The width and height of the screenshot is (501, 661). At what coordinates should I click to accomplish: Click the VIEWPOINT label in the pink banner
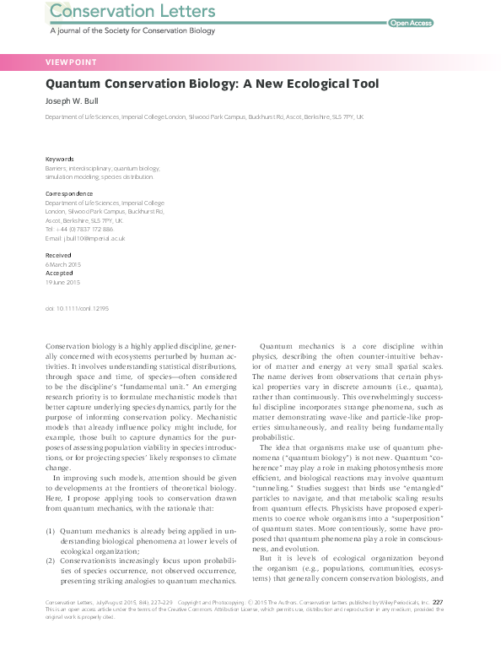[70, 62]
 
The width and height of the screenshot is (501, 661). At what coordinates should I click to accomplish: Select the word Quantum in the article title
[75, 84]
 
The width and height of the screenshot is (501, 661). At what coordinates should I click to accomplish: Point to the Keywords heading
[59, 159]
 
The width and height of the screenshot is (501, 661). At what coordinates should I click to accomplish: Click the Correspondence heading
[68, 194]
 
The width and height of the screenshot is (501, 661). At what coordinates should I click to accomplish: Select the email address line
[84, 238]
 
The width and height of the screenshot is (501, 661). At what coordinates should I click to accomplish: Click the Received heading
[58, 255]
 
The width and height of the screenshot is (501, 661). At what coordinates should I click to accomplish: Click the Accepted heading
[59, 273]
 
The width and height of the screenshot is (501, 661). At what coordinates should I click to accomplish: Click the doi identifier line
[76, 310]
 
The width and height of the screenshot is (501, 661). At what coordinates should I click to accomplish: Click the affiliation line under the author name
[204, 117]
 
